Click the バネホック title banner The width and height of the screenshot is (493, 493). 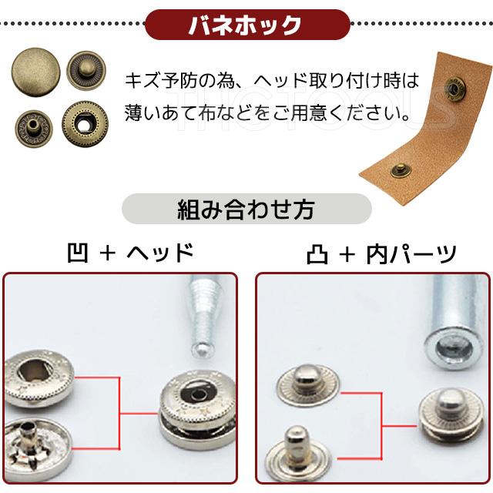click(x=246, y=25)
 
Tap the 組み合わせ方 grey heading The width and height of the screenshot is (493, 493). click(x=246, y=209)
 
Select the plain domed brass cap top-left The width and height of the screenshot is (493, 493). click(x=33, y=72)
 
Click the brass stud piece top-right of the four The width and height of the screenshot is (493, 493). click(x=86, y=72)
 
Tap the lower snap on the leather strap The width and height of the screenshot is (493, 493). click(x=401, y=170)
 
